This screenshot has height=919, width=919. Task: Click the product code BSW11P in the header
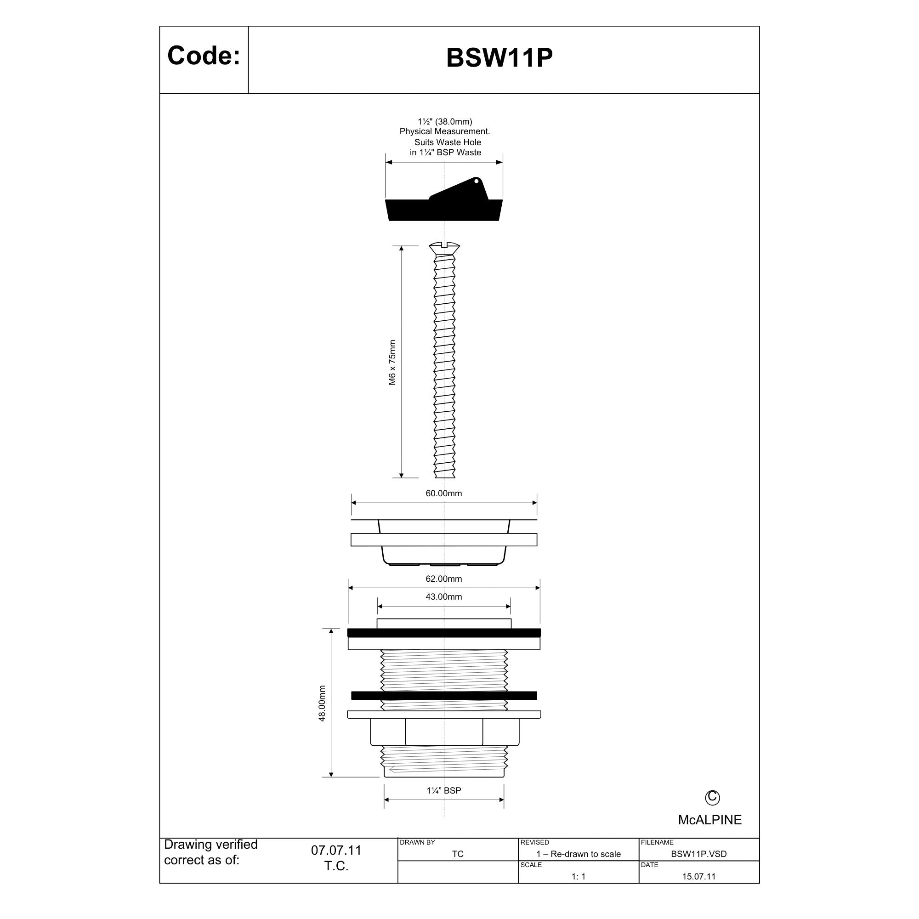(499, 57)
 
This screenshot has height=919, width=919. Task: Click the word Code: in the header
(204, 56)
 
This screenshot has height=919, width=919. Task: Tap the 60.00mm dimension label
(444, 493)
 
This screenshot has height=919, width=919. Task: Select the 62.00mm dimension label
(444, 579)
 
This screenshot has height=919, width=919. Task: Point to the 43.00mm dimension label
(444, 597)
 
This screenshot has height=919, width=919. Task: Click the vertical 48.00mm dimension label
(322, 703)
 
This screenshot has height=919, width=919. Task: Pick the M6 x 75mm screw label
(392, 363)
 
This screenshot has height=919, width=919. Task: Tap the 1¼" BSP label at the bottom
(444, 790)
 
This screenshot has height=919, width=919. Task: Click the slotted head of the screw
(444, 248)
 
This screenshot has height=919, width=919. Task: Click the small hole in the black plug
(476, 181)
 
